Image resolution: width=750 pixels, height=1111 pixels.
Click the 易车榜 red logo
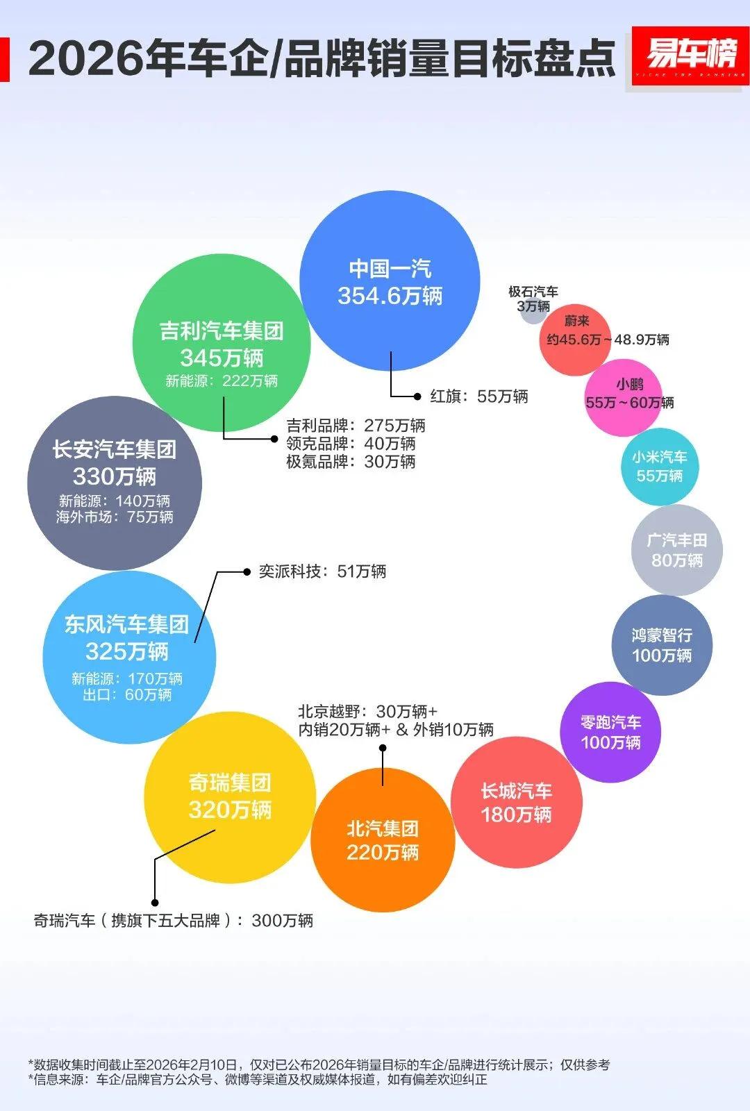point(690,56)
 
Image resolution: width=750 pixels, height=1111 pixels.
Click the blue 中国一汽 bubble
point(390,281)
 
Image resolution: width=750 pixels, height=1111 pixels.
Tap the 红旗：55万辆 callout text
point(478,396)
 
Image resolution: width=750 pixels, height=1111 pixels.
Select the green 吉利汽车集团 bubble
point(222,343)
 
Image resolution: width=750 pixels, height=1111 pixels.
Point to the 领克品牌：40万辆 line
point(351,444)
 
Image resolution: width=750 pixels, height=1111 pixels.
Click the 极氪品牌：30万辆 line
point(351,462)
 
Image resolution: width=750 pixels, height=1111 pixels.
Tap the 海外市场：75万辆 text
point(115,517)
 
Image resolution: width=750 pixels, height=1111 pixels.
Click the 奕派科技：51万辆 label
point(322,571)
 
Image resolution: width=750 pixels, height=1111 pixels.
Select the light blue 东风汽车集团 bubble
point(129,656)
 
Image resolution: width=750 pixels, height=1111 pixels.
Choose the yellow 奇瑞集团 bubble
point(230,797)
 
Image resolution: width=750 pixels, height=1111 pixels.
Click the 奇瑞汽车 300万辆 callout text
point(174,921)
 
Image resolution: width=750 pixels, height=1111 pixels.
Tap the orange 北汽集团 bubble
point(383,840)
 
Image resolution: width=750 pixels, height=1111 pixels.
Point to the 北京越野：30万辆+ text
point(367,712)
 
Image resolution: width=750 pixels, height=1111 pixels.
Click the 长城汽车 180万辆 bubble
point(516,802)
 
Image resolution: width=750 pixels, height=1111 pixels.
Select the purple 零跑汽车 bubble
point(610,733)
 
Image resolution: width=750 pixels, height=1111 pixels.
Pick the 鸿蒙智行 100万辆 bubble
point(662,645)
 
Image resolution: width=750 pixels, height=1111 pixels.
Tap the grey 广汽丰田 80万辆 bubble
point(677,550)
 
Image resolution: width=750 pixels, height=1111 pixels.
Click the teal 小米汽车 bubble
point(660,467)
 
